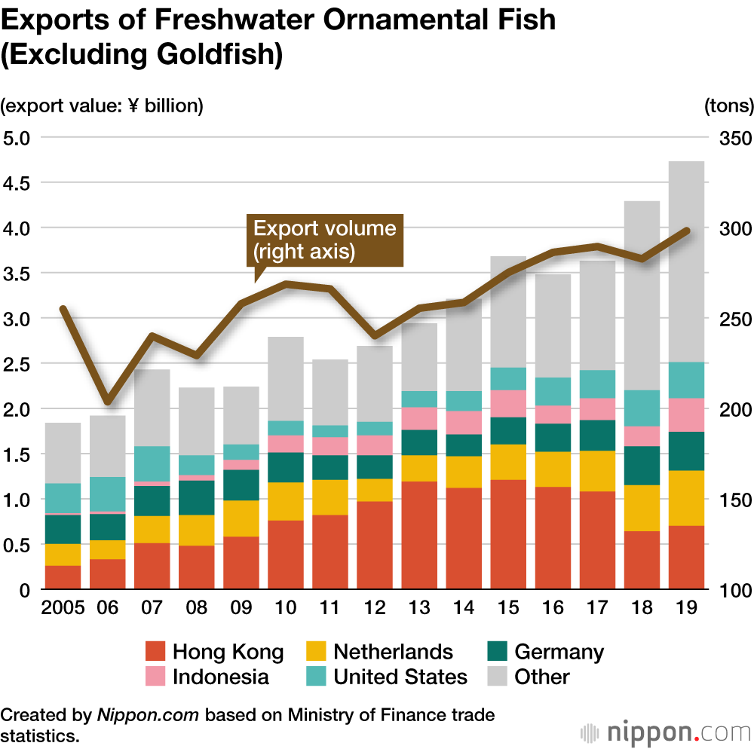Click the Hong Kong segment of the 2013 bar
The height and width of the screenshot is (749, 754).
tap(420, 535)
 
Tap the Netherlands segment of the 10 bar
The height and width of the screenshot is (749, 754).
tap(286, 501)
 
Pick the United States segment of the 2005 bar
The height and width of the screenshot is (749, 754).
tap(63, 498)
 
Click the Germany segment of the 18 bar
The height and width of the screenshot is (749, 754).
tap(642, 465)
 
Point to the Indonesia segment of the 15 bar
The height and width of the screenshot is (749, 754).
tap(508, 403)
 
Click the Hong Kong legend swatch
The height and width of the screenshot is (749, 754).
tap(155, 651)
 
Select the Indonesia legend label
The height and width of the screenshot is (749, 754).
tap(220, 676)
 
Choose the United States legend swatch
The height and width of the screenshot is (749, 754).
tap(316, 676)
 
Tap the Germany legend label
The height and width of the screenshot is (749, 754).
tap(559, 651)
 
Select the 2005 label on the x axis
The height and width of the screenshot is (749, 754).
tap(63, 608)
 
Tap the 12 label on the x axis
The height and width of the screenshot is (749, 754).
tap(375, 608)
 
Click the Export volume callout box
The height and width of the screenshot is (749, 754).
tap(325, 240)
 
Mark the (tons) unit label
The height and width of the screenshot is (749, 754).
tap(728, 105)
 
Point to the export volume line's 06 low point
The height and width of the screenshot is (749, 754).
tap(107, 400)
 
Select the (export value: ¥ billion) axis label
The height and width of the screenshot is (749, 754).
tap(102, 105)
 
